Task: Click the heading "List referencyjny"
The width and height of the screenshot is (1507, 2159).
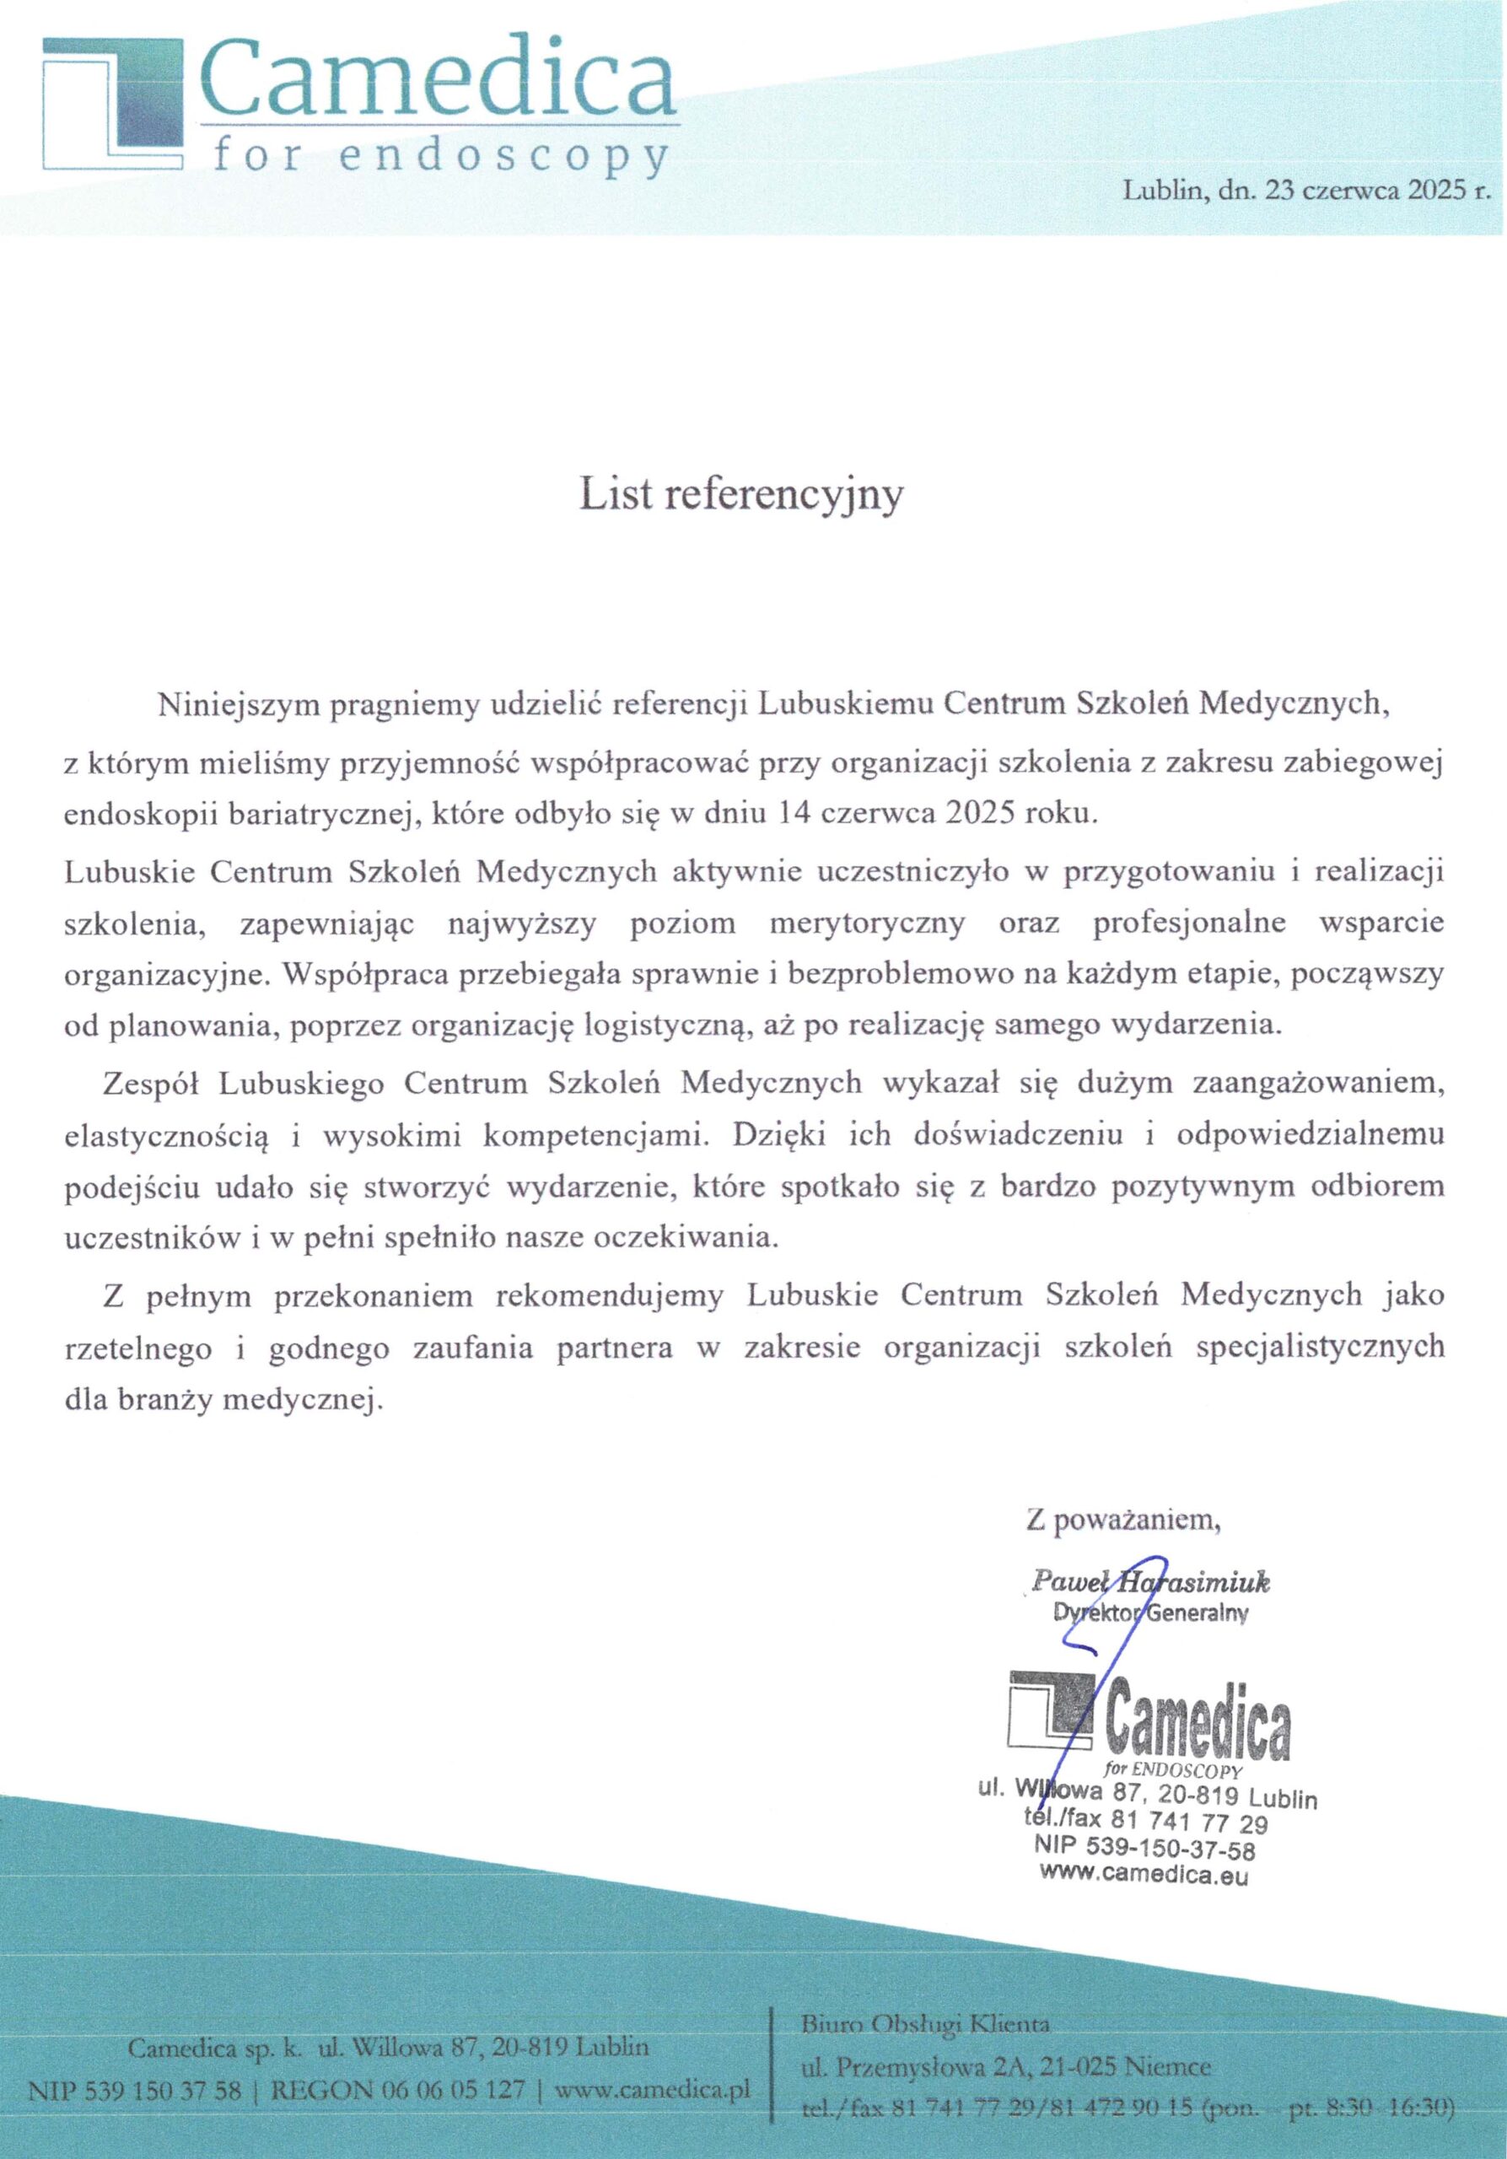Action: [740, 496]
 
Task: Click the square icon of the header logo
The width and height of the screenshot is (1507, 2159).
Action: [111, 104]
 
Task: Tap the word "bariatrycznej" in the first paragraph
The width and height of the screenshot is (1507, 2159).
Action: [313, 815]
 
